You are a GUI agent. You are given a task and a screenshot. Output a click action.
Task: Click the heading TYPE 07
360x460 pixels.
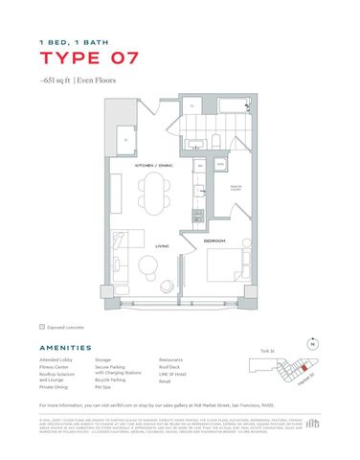[88, 58]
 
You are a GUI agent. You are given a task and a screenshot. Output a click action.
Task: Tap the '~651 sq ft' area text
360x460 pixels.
[57, 81]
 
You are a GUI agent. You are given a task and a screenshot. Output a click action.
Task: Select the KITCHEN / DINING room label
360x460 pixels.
[153, 165]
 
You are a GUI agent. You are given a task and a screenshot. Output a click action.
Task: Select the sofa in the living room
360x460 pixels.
[122, 261]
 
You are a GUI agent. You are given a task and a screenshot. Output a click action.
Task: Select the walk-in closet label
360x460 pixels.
[232, 188]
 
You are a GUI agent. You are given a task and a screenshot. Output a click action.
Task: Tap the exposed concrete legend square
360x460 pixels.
[42, 327]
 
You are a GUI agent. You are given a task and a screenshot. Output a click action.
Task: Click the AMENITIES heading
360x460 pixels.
[66, 349]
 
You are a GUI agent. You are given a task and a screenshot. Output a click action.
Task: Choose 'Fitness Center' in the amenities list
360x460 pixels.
[55, 367]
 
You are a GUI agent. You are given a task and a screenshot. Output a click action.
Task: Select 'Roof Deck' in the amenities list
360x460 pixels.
[169, 367]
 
